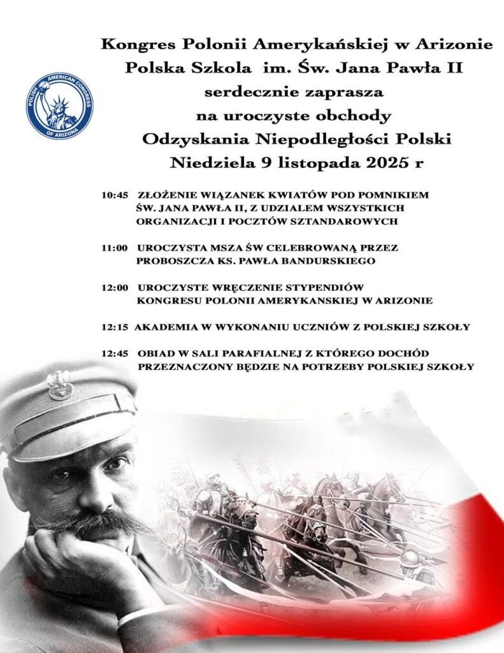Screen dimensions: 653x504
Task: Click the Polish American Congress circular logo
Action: point(59,106)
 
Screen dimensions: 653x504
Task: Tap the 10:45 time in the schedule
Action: point(115,196)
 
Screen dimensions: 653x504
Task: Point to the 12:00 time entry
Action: point(115,288)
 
